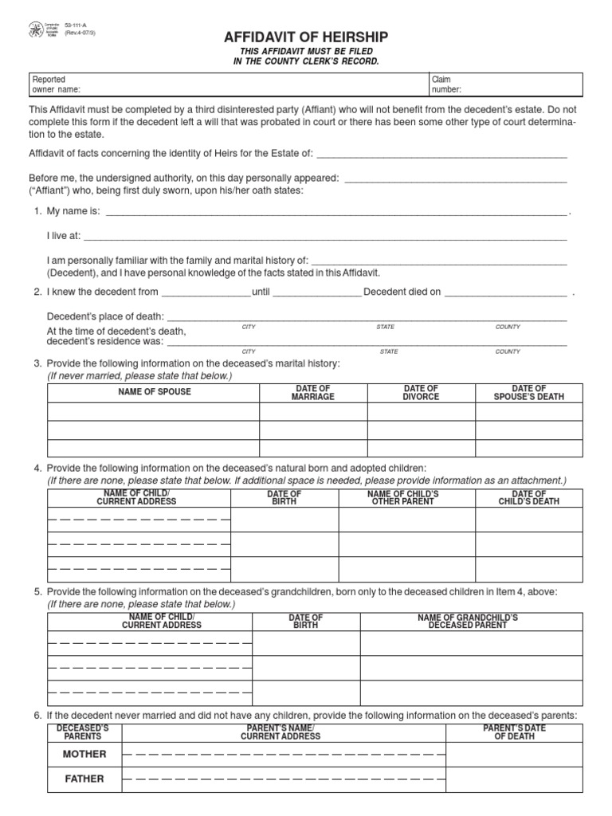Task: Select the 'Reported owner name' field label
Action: tap(56, 84)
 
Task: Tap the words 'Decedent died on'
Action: tap(402, 292)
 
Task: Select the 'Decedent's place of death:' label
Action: tap(106, 316)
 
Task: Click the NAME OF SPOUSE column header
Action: tap(155, 392)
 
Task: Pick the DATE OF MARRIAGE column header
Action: tap(313, 392)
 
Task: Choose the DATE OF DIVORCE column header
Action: tap(421, 392)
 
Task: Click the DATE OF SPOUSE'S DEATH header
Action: tap(528, 392)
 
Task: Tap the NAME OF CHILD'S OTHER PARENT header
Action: tap(407, 497)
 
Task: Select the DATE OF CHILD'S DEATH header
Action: tap(529, 497)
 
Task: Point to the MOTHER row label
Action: tap(84, 754)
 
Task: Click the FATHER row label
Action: tap(84, 779)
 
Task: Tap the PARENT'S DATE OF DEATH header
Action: tap(514, 732)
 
